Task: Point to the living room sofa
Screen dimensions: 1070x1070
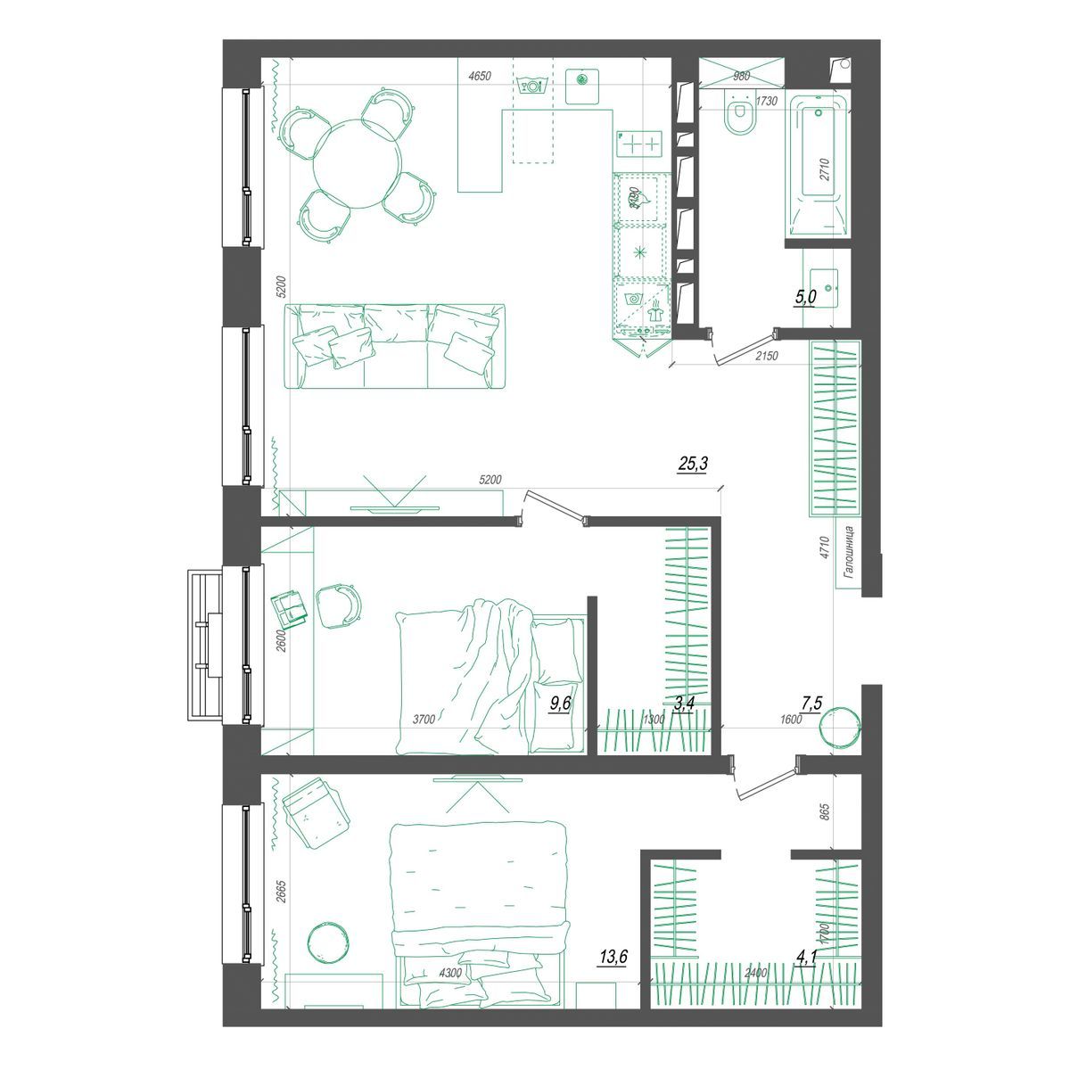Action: pyautogui.click(x=395, y=346)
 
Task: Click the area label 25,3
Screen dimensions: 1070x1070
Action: pyautogui.click(x=692, y=464)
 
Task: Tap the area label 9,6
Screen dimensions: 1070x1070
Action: pyautogui.click(x=561, y=704)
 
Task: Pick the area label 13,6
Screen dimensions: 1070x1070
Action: pyautogui.click(x=613, y=958)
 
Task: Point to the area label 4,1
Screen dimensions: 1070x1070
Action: pyautogui.click(x=807, y=959)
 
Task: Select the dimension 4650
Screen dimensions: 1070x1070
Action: pyautogui.click(x=480, y=77)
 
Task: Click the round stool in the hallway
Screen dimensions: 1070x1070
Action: pyautogui.click(x=839, y=726)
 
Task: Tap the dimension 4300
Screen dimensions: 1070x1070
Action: pyautogui.click(x=450, y=973)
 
